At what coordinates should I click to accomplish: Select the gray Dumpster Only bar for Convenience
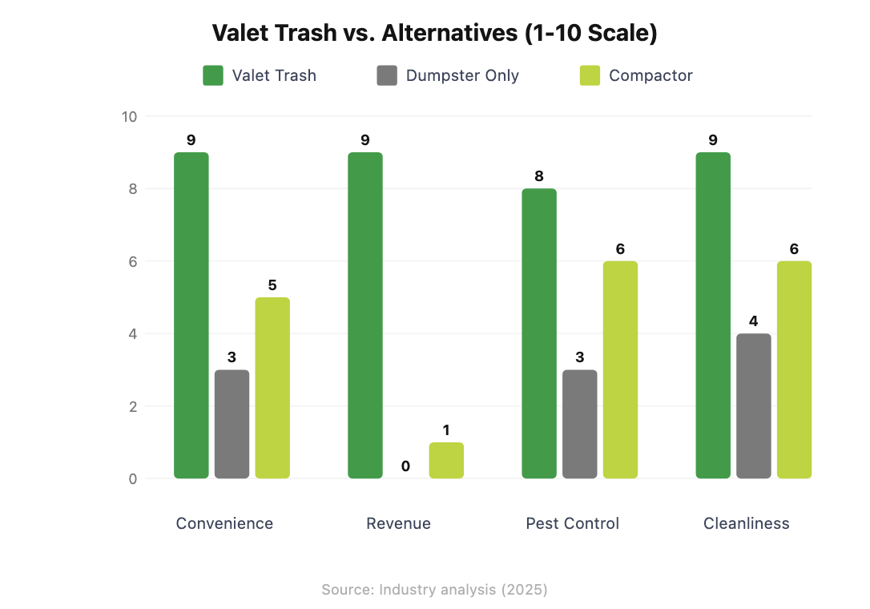click(x=232, y=424)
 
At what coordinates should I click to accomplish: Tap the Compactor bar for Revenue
click(x=446, y=461)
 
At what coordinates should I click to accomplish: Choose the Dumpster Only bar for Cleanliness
click(x=754, y=406)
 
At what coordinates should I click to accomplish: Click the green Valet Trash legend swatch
click(x=212, y=75)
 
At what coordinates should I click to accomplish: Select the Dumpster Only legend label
click(x=462, y=75)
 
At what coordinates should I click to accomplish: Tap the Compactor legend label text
click(x=650, y=75)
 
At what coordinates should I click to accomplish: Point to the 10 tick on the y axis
click(x=129, y=116)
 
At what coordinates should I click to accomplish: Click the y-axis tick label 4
click(x=132, y=334)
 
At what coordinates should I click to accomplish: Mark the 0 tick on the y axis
click(x=132, y=479)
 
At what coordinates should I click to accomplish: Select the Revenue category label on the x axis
click(x=398, y=523)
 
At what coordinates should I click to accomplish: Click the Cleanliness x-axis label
click(x=746, y=523)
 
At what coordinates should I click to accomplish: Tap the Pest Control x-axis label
click(x=572, y=523)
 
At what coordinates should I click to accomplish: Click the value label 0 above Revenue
click(x=405, y=466)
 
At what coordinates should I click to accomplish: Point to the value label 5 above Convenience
click(x=272, y=285)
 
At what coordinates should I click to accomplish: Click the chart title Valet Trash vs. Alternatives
click(x=434, y=33)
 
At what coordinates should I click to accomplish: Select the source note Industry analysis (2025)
click(x=434, y=590)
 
